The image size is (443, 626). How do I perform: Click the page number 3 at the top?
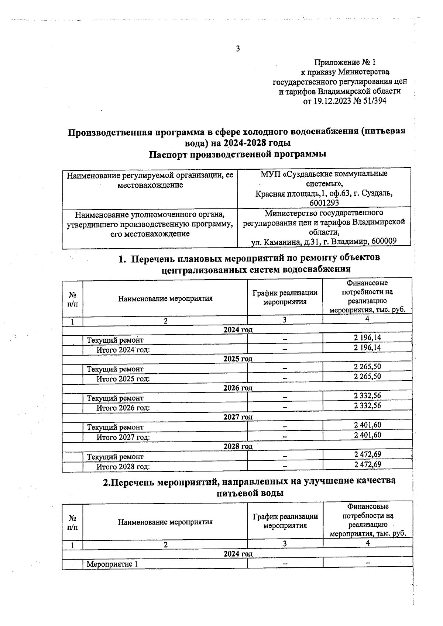point(238,48)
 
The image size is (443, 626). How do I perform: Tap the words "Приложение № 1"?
point(345,62)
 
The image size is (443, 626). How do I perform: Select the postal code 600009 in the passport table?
point(384,242)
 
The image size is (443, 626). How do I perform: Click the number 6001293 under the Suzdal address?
point(324,203)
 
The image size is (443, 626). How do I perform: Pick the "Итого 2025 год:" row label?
point(123,379)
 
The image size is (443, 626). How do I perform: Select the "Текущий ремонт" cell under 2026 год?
point(115,398)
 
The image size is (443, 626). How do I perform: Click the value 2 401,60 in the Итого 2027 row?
point(367,435)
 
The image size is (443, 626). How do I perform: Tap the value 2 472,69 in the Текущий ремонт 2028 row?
point(367,454)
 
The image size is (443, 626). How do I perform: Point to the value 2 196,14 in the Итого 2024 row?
point(367,347)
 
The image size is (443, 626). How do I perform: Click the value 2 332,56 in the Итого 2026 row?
point(367,405)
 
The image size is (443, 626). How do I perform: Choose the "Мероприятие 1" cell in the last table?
point(112,564)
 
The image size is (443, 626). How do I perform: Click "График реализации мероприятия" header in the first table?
point(285,297)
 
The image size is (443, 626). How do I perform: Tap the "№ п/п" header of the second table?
point(73,522)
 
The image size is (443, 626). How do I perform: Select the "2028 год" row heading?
point(238,446)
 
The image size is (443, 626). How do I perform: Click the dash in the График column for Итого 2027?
point(285,437)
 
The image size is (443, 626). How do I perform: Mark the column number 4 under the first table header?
point(367,319)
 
